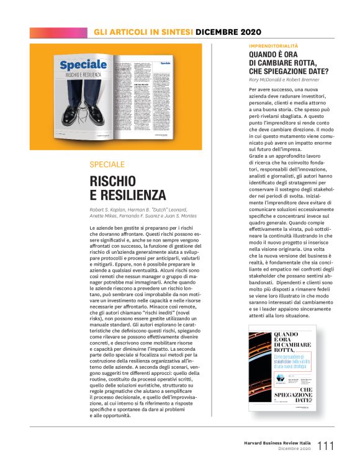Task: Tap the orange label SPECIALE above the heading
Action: pyautogui.click(x=107, y=164)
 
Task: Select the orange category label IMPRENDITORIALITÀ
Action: pyautogui.click(x=273, y=46)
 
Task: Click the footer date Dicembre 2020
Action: pyautogui.click(x=294, y=448)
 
